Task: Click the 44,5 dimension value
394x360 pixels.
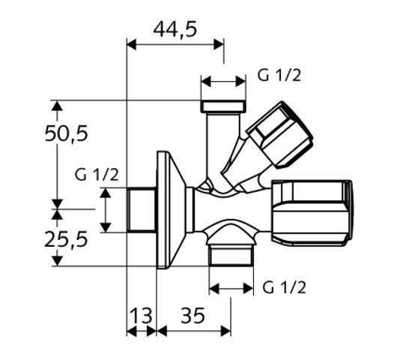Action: pyautogui.click(x=175, y=29)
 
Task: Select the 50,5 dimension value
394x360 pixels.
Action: pyautogui.click(x=67, y=133)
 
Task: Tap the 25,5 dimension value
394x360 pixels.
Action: pyautogui.click(x=66, y=239)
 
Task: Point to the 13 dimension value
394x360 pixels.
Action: pyautogui.click(x=142, y=315)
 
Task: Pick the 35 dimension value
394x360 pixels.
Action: pyautogui.click(x=193, y=315)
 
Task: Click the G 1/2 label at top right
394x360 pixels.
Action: pyautogui.click(x=279, y=75)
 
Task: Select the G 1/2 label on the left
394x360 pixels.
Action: pyautogui.click(x=97, y=175)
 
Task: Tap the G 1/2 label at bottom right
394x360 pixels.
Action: pyautogui.click(x=284, y=287)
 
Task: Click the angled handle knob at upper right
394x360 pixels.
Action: pyautogui.click(x=279, y=134)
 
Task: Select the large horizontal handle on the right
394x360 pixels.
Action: pyautogui.click(x=311, y=212)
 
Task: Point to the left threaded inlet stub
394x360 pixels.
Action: pyautogui.click(x=142, y=209)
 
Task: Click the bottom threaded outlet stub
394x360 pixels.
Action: pyautogui.click(x=231, y=256)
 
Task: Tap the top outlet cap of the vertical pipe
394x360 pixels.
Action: pyautogui.click(x=223, y=106)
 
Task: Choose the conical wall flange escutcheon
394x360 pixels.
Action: pyautogui.click(x=172, y=209)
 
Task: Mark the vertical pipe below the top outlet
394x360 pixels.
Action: pyautogui.click(x=223, y=146)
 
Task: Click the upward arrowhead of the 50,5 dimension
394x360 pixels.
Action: pyautogui.click(x=57, y=106)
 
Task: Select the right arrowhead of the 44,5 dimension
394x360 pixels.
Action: pyautogui.click(x=219, y=44)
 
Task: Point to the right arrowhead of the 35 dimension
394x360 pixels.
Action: pyautogui.click(x=225, y=331)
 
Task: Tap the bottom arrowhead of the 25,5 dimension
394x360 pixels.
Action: pyautogui.click(x=57, y=261)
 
